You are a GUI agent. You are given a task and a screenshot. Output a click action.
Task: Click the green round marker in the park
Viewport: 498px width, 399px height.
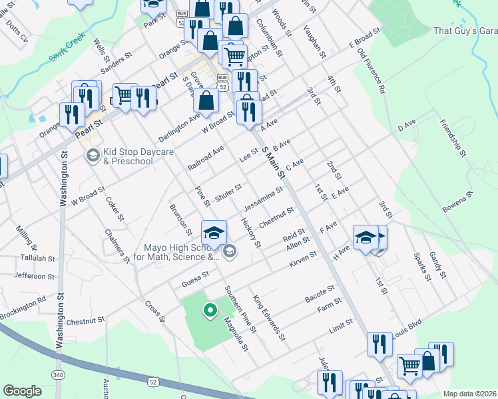click(x=209, y=310)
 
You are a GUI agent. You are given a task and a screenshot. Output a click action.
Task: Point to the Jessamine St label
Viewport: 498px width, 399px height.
click(x=264, y=197)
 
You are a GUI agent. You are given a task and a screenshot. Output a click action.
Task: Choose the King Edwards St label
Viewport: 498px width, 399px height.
click(x=268, y=319)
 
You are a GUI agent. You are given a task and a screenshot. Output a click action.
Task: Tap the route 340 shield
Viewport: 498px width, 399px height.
click(x=59, y=375)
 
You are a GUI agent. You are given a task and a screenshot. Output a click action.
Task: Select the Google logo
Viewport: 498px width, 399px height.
click(x=22, y=391)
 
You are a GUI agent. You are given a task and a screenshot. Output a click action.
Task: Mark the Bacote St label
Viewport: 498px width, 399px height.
click(x=319, y=293)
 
